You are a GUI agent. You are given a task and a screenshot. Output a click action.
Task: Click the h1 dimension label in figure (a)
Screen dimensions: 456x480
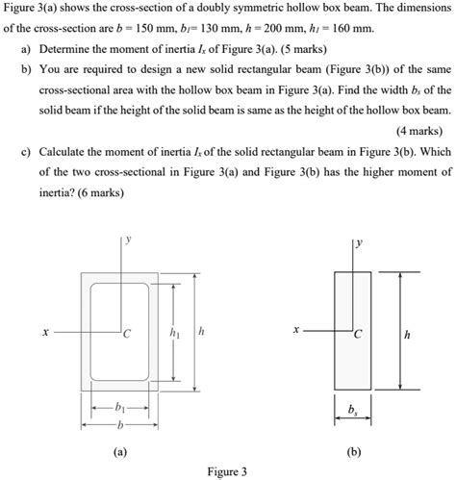174,332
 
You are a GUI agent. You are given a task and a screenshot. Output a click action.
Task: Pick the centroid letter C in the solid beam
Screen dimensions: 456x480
358,336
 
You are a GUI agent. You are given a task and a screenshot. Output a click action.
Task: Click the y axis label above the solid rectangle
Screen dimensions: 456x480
359,242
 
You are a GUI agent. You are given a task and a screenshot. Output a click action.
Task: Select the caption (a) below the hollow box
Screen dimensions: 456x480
118,449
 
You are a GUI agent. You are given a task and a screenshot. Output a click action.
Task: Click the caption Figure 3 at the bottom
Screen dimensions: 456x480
227,471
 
